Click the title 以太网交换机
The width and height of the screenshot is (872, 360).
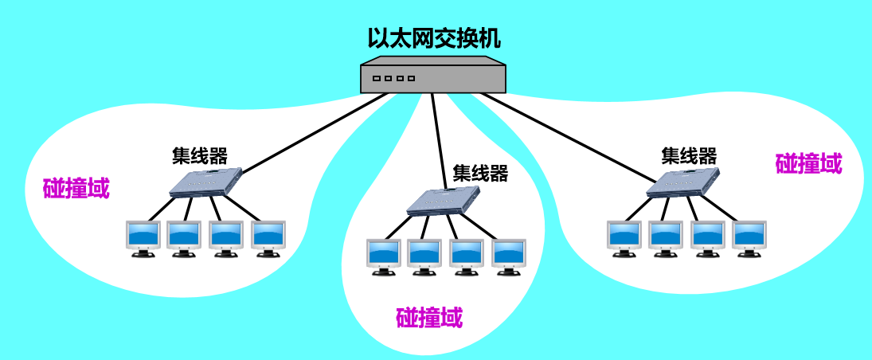tap(434, 38)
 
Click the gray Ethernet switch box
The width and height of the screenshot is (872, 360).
tap(434, 77)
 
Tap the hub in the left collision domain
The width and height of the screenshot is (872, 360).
tap(205, 182)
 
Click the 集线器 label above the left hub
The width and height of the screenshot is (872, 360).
tap(199, 155)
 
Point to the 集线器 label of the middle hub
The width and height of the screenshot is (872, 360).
tap(480, 173)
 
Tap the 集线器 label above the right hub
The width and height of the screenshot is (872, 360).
tap(689, 155)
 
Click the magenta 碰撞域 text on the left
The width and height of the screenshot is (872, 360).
tap(76, 189)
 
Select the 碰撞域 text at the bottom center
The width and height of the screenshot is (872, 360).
tap(429, 319)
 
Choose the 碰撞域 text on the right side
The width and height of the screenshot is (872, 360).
tap(808, 164)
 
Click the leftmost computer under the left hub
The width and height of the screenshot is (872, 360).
tap(143, 237)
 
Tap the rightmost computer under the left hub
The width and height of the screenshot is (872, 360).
tap(268, 237)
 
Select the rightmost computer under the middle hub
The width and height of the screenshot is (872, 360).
tap(507, 256)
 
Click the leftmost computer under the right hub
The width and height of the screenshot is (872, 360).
tap(624, 237)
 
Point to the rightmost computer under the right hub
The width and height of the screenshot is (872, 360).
tap(749, 237)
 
